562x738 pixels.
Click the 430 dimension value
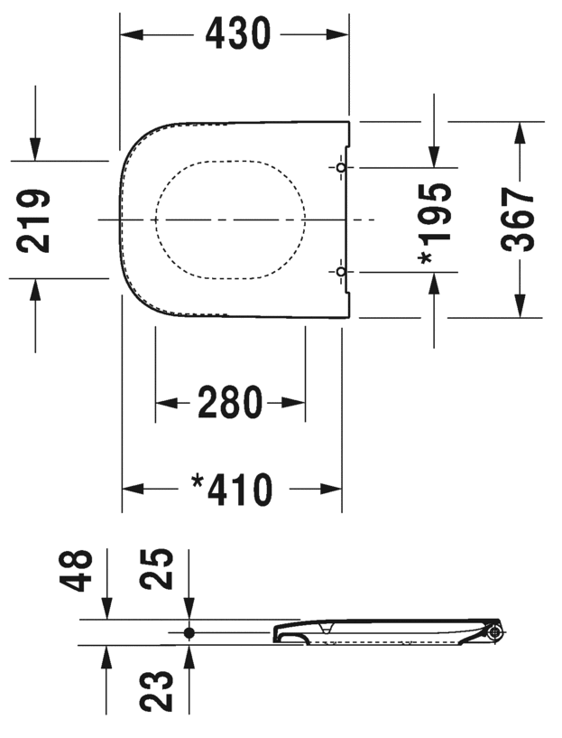click(238, 34)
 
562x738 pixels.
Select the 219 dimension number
click(32, 220)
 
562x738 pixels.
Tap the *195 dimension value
click(435, 223)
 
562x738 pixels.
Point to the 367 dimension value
click(518, 220)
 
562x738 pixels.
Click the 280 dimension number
click(230, 402)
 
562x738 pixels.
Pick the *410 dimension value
click(232, 490)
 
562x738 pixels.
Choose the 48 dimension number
click(75, 571)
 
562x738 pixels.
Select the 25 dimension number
click(156, 568)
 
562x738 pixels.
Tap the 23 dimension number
click(156, 690)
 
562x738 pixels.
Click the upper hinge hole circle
click(341, 167)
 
